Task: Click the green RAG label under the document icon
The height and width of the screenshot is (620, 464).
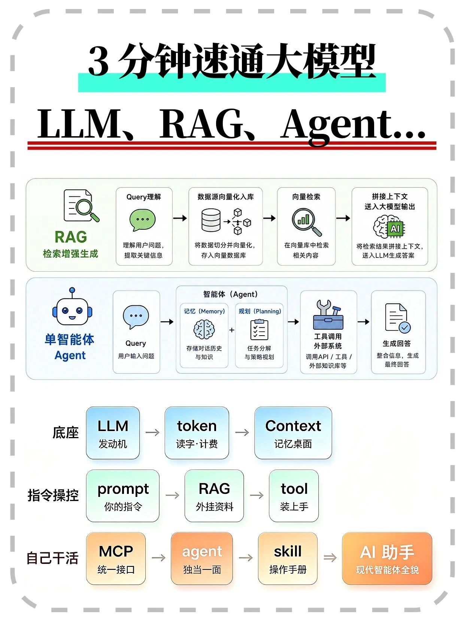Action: coord(71,237)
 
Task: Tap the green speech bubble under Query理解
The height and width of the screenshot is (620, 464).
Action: coord(142,220)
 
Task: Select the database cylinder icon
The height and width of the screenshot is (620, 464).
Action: coord(211,220)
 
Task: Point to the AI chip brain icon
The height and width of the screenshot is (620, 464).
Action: coord(389,227)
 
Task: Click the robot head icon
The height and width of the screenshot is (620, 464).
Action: coord(72,307)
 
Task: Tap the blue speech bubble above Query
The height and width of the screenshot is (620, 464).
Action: coord(136,317)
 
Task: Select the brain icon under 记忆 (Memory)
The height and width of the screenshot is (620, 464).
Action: coord(204,329)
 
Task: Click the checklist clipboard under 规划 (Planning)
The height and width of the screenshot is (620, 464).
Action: coord(259,330)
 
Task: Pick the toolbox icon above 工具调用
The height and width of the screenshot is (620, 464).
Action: coord(328,315)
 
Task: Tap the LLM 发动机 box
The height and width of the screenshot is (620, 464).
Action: coord(113,433)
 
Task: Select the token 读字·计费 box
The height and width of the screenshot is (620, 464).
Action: coord(197,433)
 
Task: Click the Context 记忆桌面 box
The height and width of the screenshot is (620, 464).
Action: coord(293,433)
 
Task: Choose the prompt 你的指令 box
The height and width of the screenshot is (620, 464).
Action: coord(122,496)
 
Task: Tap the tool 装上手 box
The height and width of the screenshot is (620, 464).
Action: coord(294,496)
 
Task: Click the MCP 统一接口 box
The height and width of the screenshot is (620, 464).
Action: coord(116,559)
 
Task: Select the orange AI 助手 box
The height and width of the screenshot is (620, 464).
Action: coord(387,559)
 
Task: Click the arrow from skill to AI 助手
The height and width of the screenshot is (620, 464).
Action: coord(330,558)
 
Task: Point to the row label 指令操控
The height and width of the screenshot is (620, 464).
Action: coord(53,495)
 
